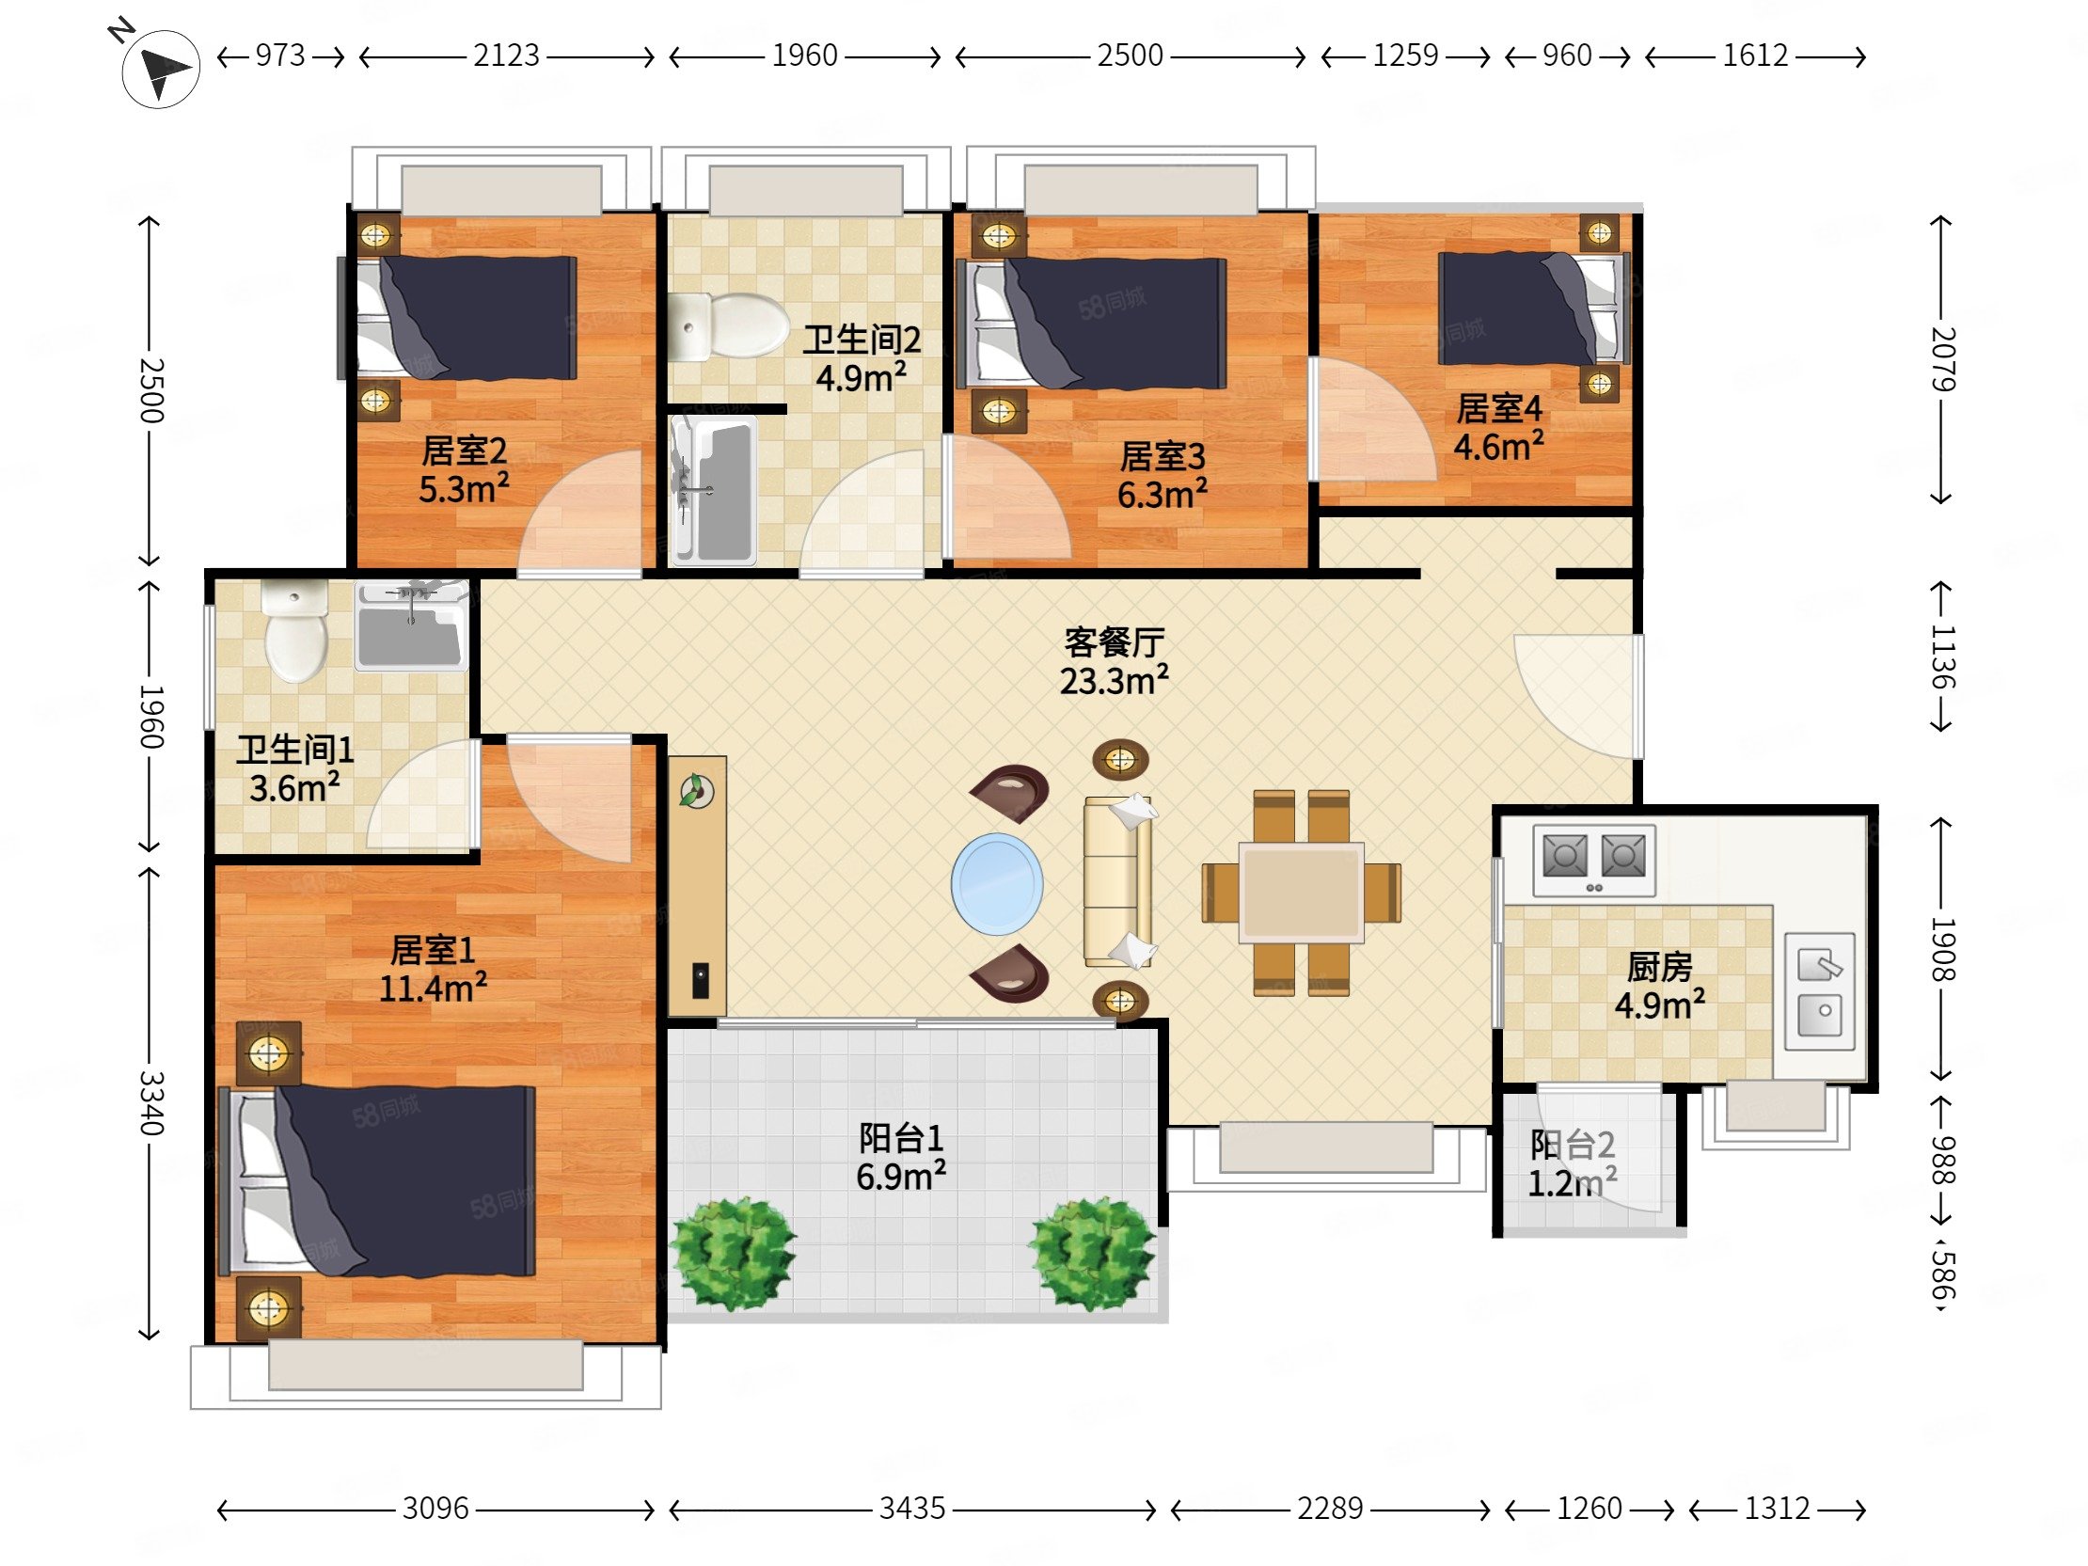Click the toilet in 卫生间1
coord(295,630)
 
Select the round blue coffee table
coord(997,881)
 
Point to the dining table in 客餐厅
coord(1301,892)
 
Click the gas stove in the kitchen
coord(1594,860)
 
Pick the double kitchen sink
coord(1820,991)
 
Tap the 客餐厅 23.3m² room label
coord(1114,662)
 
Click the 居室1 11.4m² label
coord(434,970)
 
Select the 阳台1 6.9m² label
coord(901,1157)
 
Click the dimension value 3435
coord(911,1509)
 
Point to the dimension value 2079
coord(1943,358)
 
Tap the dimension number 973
coord(280,55)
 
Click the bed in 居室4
coord(1534,308)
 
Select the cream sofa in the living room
coord(1119,881)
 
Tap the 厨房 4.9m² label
coord(1659,986)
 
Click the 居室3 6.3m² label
coord(1162,476)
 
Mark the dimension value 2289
coord(1330,1509)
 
